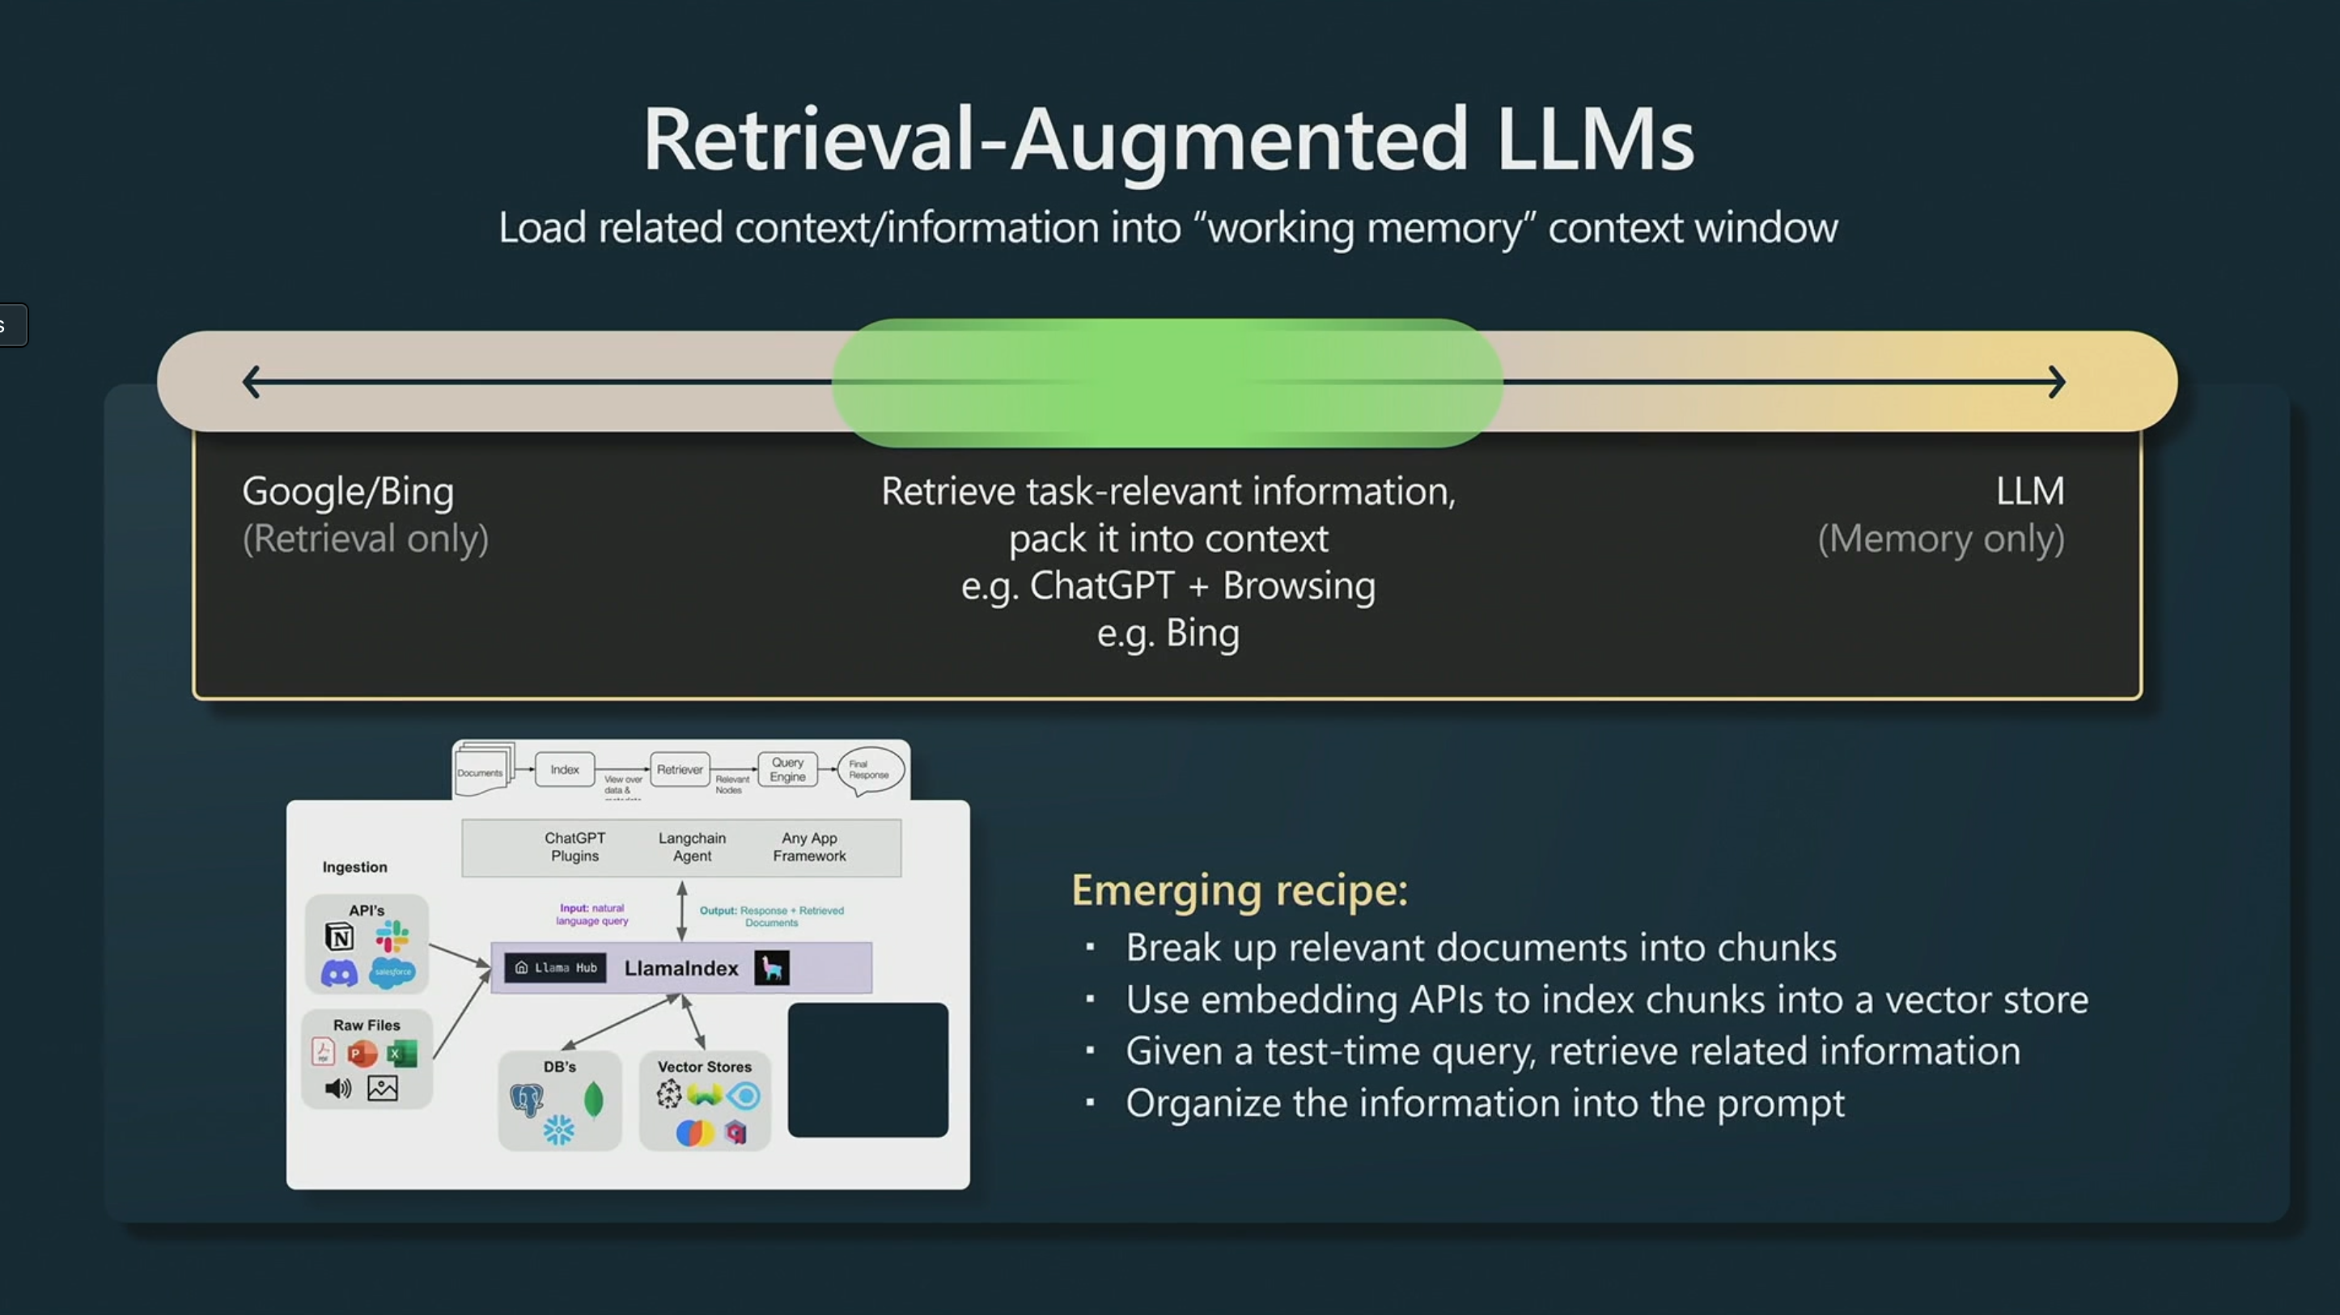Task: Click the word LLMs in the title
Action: pyautogui.click(x=1594, y=139)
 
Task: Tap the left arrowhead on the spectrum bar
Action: pyautogui.click(x=252, y=382)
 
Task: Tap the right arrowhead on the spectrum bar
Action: pyautogui.click(x=2057, y=382)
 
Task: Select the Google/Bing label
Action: pyautogui.click(x=348, y=492)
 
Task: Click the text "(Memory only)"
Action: pyautogui.click(x=1940, y=539)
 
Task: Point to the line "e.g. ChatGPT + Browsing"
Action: pyautogui.click(x=1168, y=586)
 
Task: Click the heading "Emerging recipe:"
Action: pyautogui.click(x=1239, y=889)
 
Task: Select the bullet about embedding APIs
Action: pyautogui.click(x=1606, y=999)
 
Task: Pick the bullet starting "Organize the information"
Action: pyautogui.click(x=1484, y=1102)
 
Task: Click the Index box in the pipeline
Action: pyautogui.click(x=564, y=769)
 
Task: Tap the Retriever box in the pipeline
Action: pyautogui.click(x=680, y=769)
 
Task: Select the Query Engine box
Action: pyautogui.click(x=787, y=769)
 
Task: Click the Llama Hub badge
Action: pyautogui.click(x=556, y=968)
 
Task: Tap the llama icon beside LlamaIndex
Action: pyautogui.click(x=772, y=968)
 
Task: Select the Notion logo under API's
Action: pyautogui.click(x=339, y=936)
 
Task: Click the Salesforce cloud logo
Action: pyautogui.click(x=392, y=972)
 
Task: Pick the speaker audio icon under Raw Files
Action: pyautogui.click(x=337, y=1088)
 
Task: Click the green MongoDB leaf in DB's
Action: pyautogui.click(x=593, y=1100)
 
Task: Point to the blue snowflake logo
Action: pyautogui.click(x=558, y=1131)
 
